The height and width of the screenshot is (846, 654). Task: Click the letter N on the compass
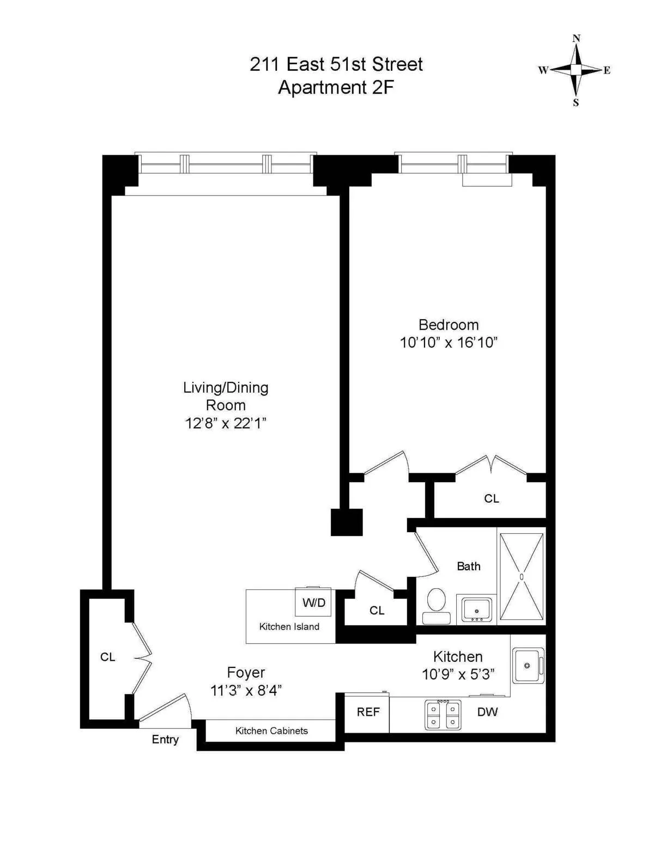tap(576, 38)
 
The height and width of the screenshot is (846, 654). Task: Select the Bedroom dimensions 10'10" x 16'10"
tap(449, 343)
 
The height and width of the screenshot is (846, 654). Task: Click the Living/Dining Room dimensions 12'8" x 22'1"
tap(226, 423)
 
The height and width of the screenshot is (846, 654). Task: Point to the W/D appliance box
tap(313, 602)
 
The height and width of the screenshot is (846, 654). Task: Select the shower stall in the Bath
tap(522, 576)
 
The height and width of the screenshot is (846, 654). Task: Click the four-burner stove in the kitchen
tap(443, 715)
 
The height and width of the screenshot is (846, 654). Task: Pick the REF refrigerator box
tap(367, 713)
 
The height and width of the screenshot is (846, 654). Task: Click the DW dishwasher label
tap(487, 712)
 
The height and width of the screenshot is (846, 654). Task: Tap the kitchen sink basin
tap(527, 666)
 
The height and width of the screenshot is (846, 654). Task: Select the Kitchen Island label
tap(289, 627)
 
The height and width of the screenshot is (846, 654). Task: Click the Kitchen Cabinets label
tap(271, 731)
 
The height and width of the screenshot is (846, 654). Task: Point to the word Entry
tap(165, 740)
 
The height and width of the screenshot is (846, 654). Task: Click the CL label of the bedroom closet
tap(491, 498)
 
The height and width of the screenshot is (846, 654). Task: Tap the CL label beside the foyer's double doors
tap(107, 658)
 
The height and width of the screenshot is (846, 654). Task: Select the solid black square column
tap(347, 522)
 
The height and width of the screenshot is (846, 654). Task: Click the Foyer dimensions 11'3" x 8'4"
tap(246, 691)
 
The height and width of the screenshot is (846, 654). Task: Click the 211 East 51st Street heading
tap(336, 64)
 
